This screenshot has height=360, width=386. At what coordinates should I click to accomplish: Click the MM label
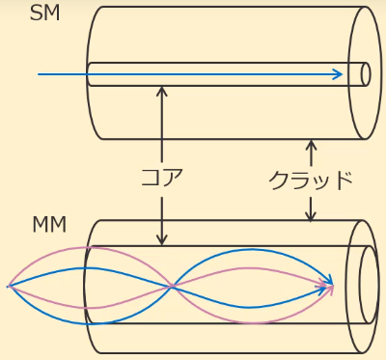coord(49,226)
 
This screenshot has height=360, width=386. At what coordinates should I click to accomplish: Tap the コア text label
coord(161,179)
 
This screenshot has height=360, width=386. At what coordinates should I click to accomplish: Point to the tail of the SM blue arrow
coord(40,74)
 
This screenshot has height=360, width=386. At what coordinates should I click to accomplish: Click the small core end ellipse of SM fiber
coord(365,74)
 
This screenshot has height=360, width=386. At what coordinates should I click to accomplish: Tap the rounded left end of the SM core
coord(88,74)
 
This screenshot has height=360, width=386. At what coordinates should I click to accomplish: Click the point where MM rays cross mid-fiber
coord(172,286)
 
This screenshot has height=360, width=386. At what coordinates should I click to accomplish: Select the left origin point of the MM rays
coord(8,286)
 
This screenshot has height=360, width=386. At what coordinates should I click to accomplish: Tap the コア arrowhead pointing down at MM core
coord(161,240)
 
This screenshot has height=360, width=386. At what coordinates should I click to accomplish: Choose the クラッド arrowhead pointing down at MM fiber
coord(310,218)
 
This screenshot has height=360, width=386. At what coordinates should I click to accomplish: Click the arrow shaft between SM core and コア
coord(161,125)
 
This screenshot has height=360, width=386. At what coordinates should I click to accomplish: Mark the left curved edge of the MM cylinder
coord(87,286)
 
